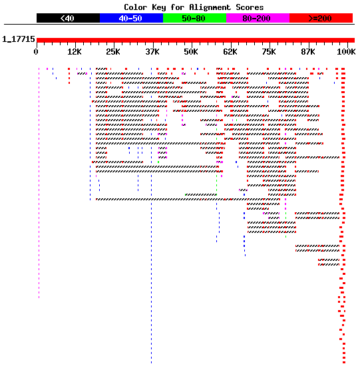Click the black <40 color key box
point(68,18)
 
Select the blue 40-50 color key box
point(132,18)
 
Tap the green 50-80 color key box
point(195,18)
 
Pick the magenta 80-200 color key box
point(258,18)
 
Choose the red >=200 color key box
point(321,18)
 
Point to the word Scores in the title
point(250,7)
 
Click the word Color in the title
point(135,7)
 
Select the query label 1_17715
point(19,39)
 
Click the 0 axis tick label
point(36,52)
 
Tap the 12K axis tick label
point(75,52)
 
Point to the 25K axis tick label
point(113,52)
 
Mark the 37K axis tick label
point(152,52)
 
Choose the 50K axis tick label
point(191,52)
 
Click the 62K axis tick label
point(230,52)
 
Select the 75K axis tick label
point(269,52)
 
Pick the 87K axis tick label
point(307,52)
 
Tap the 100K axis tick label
point(346,52)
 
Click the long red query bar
point(196,40)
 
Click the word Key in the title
point(159,7)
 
